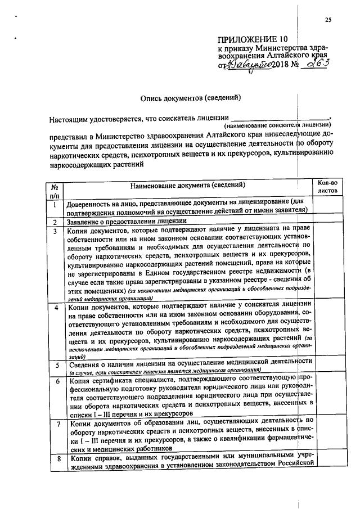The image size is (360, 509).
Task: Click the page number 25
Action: (328, 21)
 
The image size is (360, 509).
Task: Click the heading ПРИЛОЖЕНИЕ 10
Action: (253, 39)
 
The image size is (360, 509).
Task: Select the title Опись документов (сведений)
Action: (191, 97)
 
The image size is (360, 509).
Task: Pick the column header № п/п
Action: (55, 190)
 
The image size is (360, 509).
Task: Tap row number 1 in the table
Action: (55, 205)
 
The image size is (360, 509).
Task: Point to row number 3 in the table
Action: (55, 231)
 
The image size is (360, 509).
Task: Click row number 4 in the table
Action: (55, 308)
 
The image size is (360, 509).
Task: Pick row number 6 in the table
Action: (55, 381)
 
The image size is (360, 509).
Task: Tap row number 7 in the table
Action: (55, 422)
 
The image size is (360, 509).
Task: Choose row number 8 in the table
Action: (55, 460)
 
